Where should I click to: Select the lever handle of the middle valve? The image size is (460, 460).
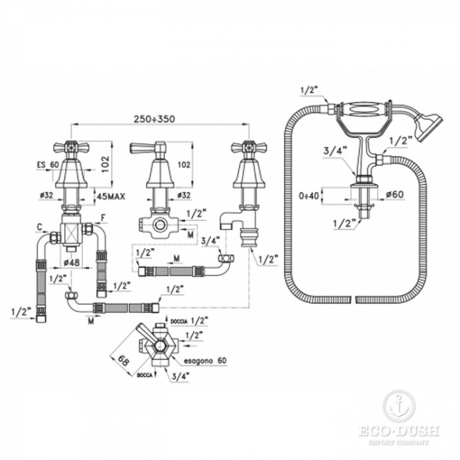(x=157, y=149)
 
